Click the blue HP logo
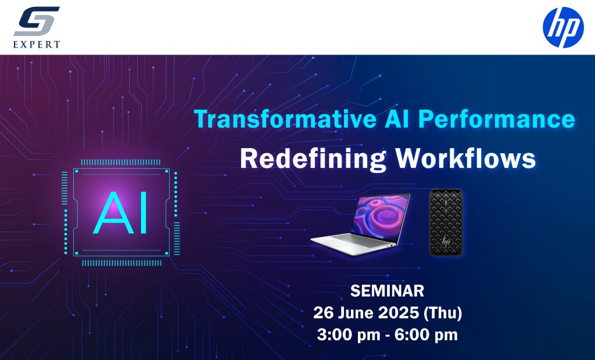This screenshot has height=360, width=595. point(563,27)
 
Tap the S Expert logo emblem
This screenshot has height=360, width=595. point(37,21)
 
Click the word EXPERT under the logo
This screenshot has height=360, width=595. point(37,44)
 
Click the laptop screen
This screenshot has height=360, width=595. point(380,214)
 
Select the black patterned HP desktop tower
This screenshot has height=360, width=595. point(446,222)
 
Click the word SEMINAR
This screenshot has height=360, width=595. point(387,291)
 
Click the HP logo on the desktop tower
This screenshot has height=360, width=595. point(446,242)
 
